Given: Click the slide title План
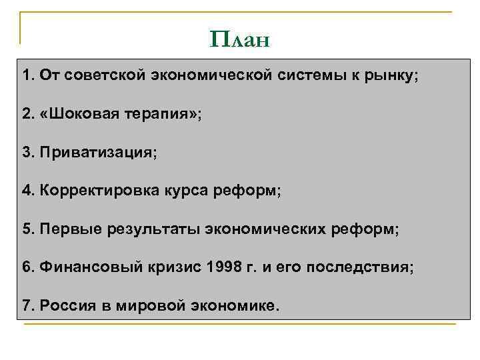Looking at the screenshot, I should click(239, 40).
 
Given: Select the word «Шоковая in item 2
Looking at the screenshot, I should click(79, 114).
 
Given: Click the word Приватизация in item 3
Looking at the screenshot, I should click(96, 153).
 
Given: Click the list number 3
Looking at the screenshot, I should click(27, 153).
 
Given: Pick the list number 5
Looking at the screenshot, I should click(27, 229).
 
